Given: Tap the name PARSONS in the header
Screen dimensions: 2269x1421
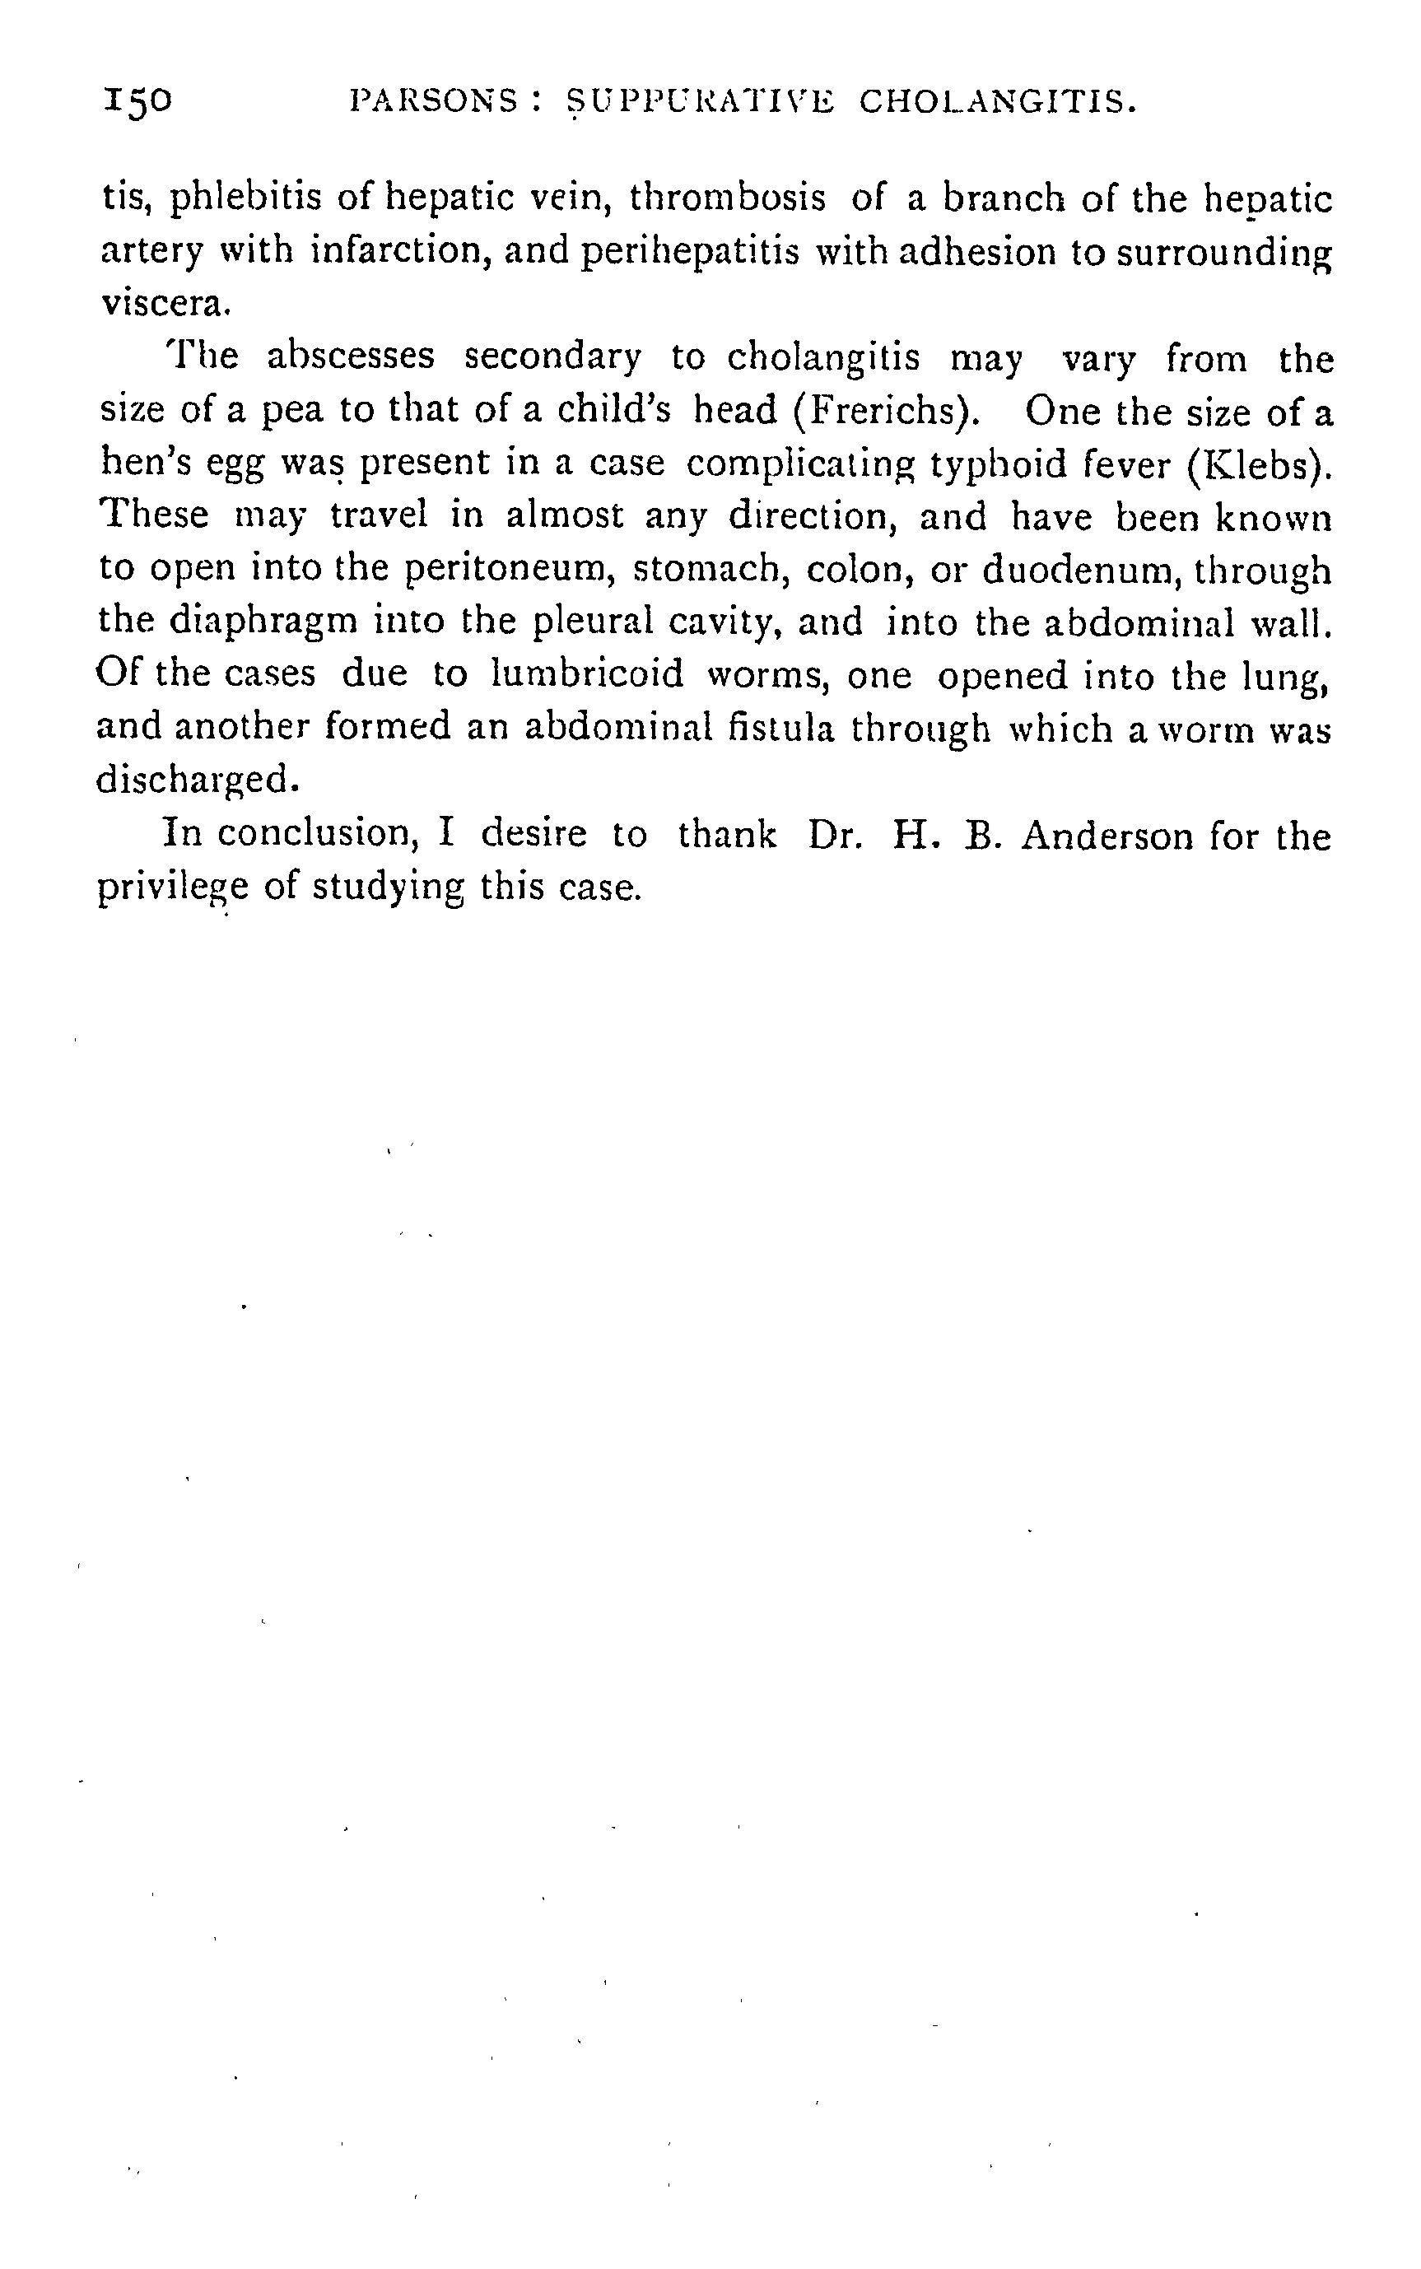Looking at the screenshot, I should point(431,100).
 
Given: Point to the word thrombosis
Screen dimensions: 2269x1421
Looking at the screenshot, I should point(728,198).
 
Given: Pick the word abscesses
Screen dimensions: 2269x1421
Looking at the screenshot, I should point(351,356).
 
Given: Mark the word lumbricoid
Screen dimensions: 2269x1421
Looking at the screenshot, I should point(586,674).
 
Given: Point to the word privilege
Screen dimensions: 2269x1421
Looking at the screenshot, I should point(174,888).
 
